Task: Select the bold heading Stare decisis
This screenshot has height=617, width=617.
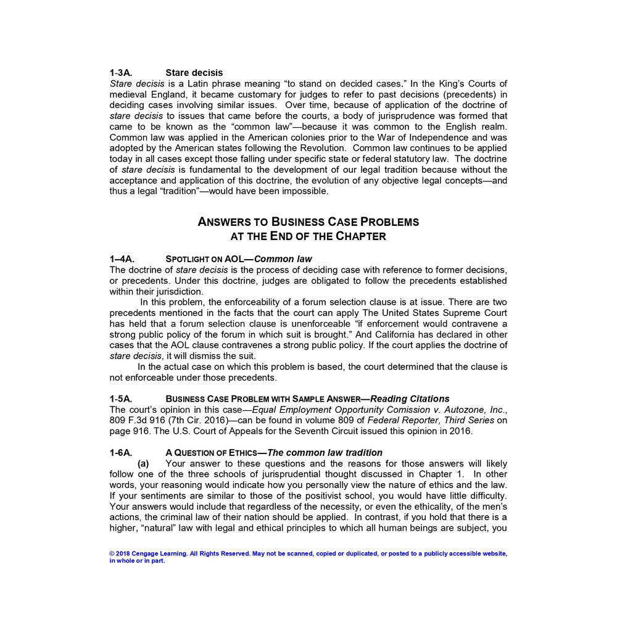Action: click(194, 73)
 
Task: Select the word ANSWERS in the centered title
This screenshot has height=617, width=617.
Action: click(233, 222)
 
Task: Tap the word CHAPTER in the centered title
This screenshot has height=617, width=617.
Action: click(361, 236)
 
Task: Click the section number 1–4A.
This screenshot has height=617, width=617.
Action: click(122, 259)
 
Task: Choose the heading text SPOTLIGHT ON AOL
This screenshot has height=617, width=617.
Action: click(205, 259)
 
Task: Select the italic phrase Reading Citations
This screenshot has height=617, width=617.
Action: click(410, 399)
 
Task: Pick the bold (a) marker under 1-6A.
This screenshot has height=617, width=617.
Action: click(143, 463)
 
